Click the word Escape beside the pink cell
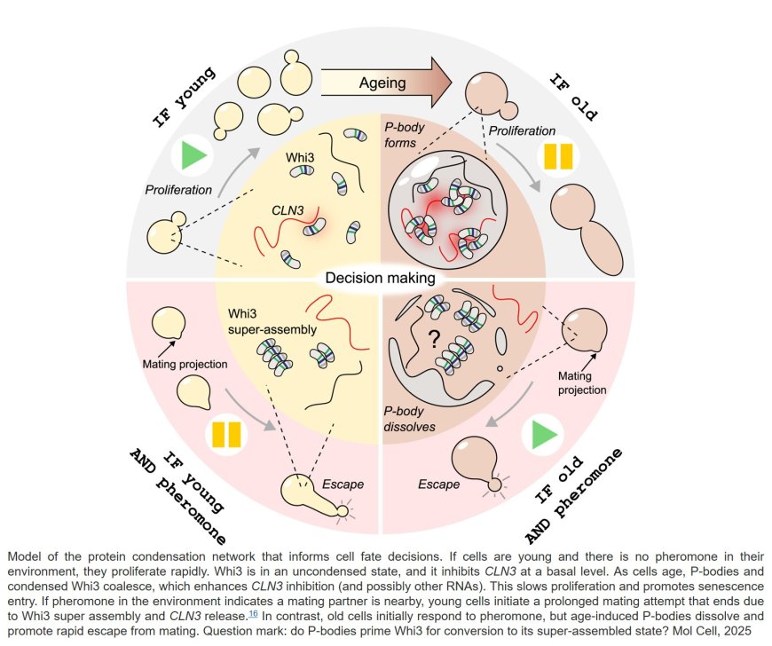point(438,484)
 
